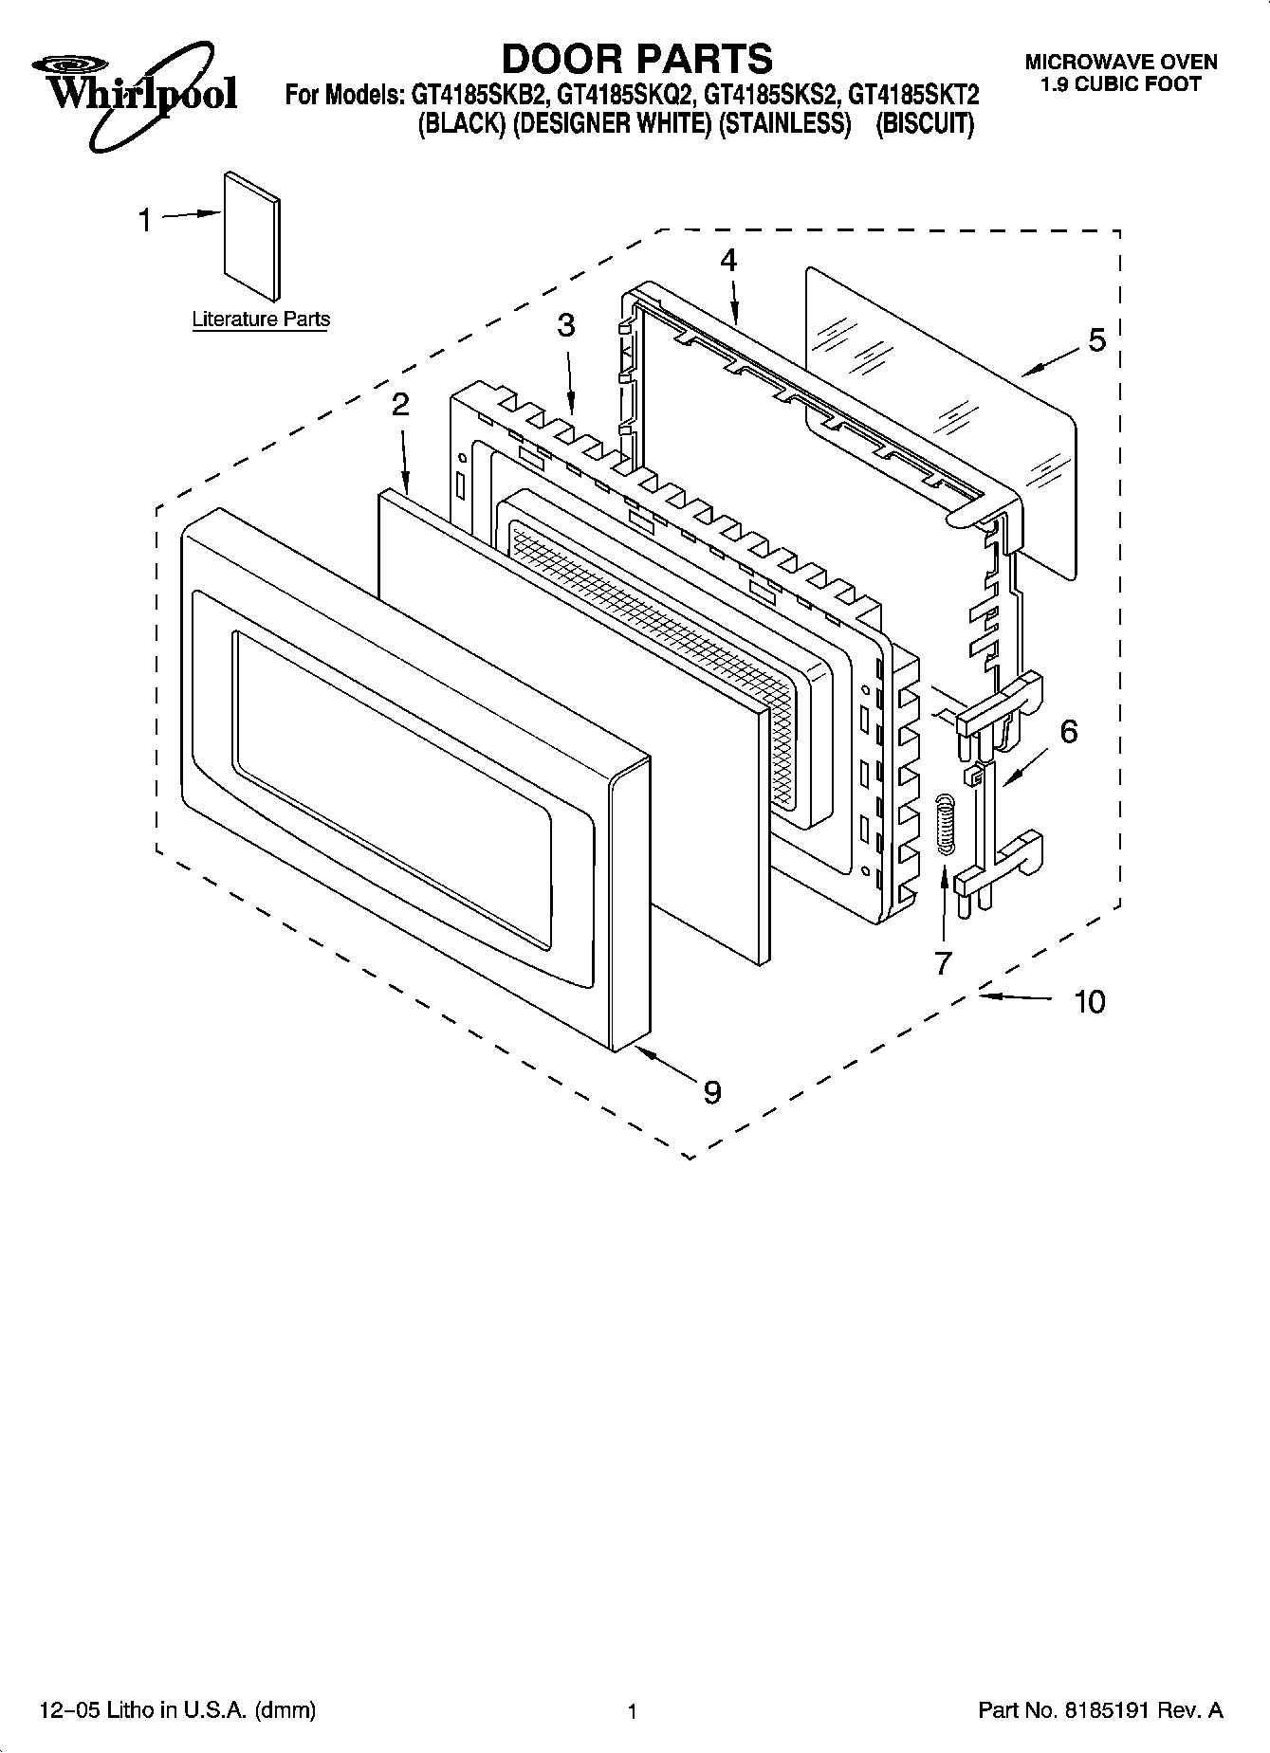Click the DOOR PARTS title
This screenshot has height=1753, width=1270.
pos(635,59)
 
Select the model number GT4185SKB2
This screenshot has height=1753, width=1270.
pos(478,96)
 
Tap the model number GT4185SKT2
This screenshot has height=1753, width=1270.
pos(913,96)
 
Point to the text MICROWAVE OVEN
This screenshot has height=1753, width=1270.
pos(1120,63)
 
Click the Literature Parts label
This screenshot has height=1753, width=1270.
pos(261,320)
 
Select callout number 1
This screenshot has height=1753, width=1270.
pos(145,221)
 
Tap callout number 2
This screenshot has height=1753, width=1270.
pos(400,405)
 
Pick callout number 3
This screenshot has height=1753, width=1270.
pos(565,326)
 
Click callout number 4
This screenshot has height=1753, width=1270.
pos(727,261)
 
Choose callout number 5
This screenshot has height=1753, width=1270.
pos(1096,340)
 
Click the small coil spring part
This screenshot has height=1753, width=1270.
pos(944,825)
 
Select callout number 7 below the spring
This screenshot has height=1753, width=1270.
pos(942,963)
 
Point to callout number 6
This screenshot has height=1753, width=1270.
pos(1068,732)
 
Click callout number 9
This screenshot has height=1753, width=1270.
pos(711,1092)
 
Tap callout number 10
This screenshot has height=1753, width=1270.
pos(1090,1001)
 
